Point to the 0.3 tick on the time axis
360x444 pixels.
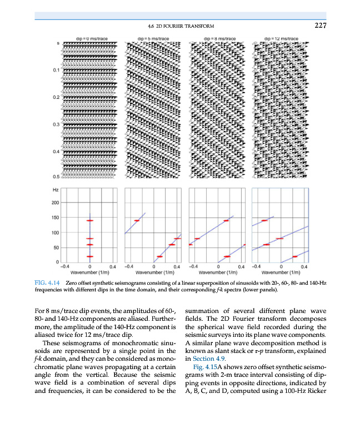click(x=57, y=124)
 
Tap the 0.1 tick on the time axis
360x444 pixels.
click(x=57, y=70)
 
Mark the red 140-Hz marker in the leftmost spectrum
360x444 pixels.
click(x=89, y=220)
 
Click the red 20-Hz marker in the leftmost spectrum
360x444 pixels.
click(x=89, y=256)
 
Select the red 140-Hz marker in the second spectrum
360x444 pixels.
click(x=137, y=220)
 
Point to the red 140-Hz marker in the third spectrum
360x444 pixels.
click(x=226, y=220)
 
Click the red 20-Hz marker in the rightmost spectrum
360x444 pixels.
click(x=295, y=256)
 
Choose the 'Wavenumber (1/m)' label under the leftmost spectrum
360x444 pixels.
click(x=89, y=273)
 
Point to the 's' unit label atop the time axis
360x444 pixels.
click(x=58, y=44)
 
